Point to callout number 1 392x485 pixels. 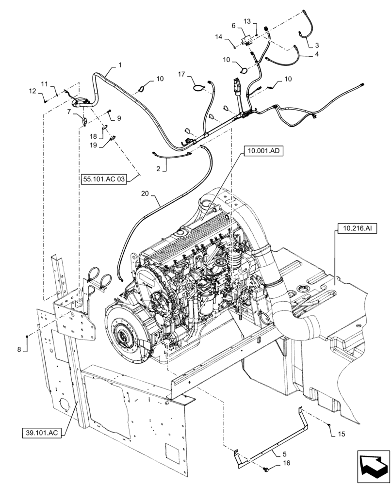point(120,65)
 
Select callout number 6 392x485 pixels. point(233,25)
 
